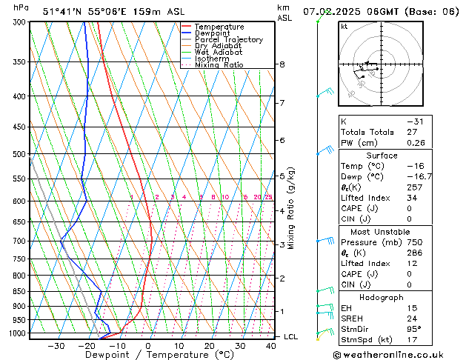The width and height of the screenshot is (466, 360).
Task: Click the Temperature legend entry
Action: [x=219, y=27]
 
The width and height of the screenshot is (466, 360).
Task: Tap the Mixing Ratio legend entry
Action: [x=219, y=65]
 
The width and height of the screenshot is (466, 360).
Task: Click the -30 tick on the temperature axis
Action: [x=56, y=346]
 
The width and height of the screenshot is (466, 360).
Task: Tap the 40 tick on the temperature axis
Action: [x=271, y=346]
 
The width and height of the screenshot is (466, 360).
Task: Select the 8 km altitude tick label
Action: [x=282, y=64]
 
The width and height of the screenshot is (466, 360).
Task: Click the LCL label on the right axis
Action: [x=291, y=336]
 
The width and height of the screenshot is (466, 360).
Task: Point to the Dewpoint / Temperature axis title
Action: [x=148, y=356]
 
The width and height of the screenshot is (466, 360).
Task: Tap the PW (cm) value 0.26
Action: [x=417, y=143]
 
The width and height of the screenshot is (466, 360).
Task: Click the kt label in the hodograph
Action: [x=344, y=27]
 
